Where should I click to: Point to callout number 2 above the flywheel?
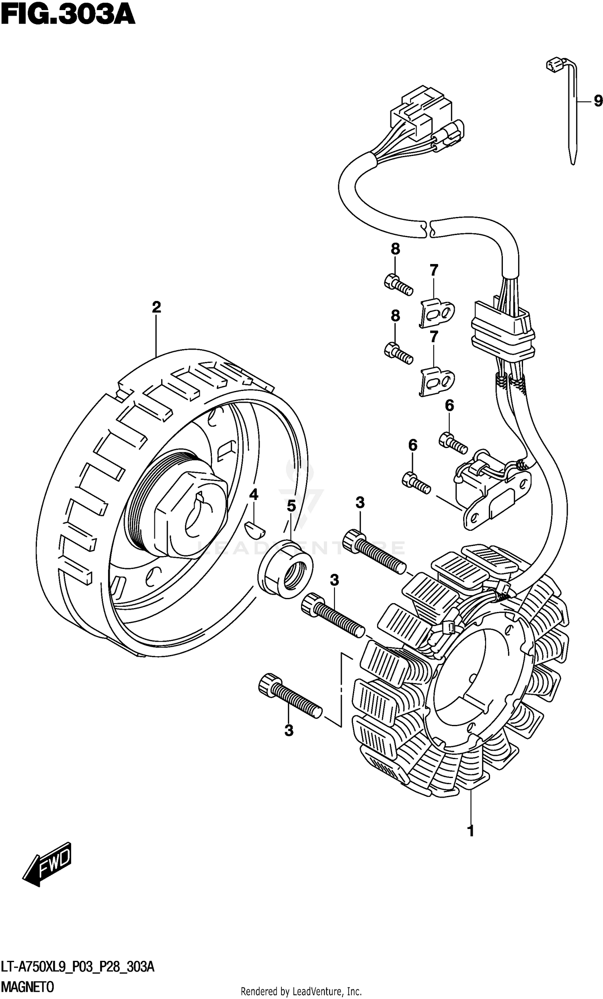point(156,307)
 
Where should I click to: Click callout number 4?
point(253,494)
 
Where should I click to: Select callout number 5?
point(291,506)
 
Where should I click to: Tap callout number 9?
point(598,100)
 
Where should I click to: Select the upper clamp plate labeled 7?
point(436,313)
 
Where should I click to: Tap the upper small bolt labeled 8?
point(398,283)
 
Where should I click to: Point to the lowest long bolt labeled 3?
point(289,695)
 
